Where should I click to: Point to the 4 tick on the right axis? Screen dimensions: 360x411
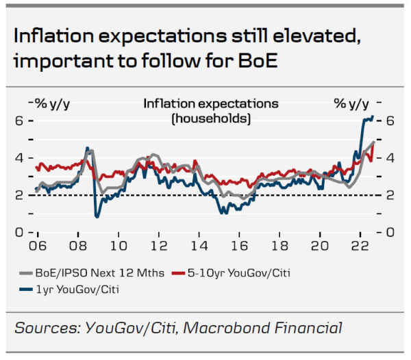point(390,157)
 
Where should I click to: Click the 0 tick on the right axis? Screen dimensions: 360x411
point(390,233)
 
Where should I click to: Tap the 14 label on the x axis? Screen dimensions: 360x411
point(199,244)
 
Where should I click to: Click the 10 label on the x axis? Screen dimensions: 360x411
point(118,244)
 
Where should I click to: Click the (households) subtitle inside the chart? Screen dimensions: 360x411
point(211,118)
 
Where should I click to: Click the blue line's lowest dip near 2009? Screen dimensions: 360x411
point(97,216)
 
